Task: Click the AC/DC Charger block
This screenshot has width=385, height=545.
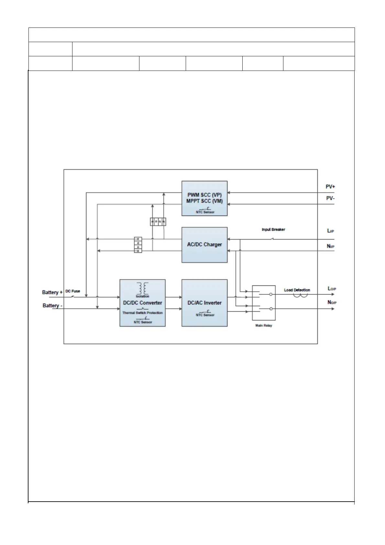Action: [204, 245]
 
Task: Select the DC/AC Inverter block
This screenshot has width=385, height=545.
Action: [204, 303]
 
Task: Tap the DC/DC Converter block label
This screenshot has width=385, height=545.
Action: [142, 303]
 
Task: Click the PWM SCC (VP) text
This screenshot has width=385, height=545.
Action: [204, 195]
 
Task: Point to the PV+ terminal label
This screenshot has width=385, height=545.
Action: [330, 187]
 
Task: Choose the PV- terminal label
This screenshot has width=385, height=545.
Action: [330, 198]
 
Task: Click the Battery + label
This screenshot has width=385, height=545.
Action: [52, 293]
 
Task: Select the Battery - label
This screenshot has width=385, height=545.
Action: [52, 306]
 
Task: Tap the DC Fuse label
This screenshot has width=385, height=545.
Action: [73, 291]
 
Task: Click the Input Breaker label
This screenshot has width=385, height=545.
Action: [273, 229]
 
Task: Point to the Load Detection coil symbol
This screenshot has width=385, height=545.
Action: [300, 295]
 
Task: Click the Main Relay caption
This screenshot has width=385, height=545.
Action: [264, 326]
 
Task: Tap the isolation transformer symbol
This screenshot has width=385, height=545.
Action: [142, 288]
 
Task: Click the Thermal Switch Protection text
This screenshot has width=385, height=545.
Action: [142, 313]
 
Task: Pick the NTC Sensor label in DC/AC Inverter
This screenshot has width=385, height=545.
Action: [205, 315]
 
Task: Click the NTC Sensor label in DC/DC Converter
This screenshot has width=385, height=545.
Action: [143, 322]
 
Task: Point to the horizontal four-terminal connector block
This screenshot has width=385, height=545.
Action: [158, 222]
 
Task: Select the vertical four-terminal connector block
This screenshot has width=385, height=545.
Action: [138, 245]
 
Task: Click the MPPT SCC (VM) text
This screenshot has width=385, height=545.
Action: [204, 201]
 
